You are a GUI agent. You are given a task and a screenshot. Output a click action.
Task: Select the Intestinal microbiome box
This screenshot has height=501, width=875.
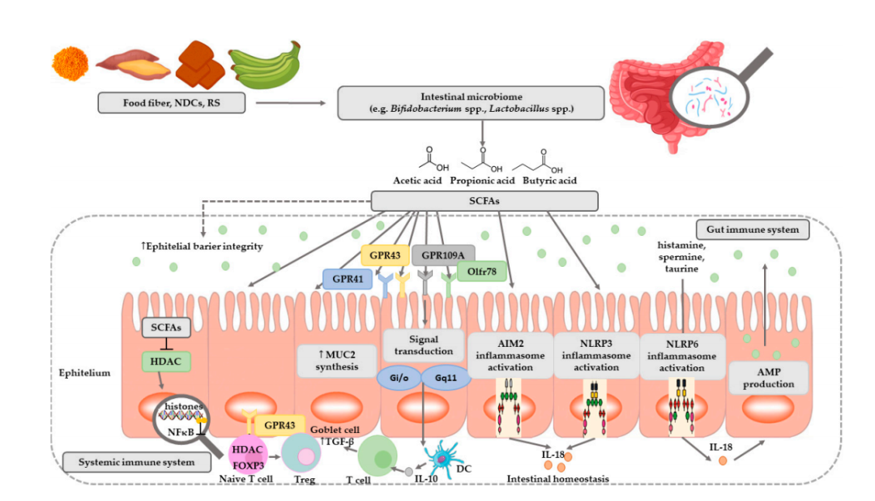pyautogui.click(x=471, y=103)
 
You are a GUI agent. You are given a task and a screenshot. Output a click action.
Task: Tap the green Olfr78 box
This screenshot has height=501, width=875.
pyautogui.click(x=482, y=272)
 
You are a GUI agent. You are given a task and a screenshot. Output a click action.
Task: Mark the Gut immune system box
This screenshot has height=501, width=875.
pyautogui.click(x=755, y=229)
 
